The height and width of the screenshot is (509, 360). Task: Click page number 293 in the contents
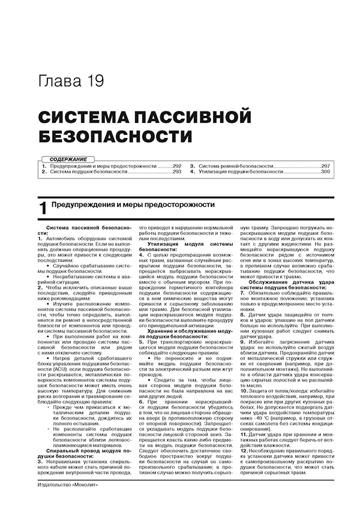point(176,172)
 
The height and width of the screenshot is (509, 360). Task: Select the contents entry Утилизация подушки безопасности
point(241,172)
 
